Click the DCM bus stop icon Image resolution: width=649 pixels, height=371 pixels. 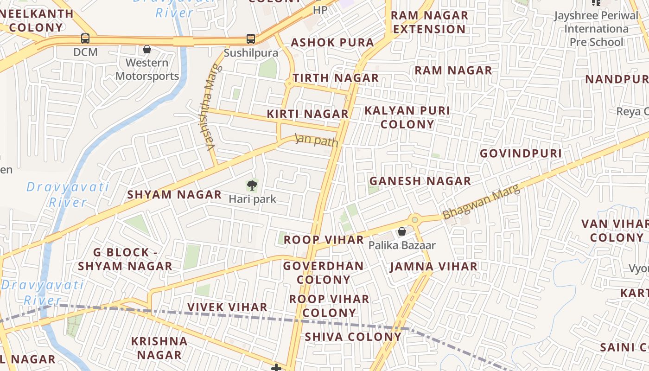click(x=85, y=38)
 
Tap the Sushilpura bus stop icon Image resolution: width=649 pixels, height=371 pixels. click(x=251, y=39)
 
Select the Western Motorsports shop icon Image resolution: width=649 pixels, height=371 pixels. click(x=147, y=49)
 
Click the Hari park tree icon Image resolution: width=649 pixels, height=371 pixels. click(x=252, y=186)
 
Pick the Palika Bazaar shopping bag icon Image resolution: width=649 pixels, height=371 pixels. click(x=402, y=231)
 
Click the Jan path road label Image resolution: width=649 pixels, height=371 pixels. click(x=317, y=141)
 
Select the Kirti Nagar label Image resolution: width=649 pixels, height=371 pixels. click(x=307, y=114)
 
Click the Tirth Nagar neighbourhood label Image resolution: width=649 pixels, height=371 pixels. click(x=335, y=78)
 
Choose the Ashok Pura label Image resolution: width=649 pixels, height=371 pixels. click(x=332, y=43)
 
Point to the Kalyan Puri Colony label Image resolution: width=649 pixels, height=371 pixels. click(x=407, y=117)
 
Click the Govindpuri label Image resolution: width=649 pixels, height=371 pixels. click(x=521, y=154)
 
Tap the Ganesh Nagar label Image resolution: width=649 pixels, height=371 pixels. click(x=420, y=181)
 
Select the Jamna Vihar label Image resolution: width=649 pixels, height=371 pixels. click(x=433, y=267)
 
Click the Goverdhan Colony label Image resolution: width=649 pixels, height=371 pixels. click(x=323, y=273)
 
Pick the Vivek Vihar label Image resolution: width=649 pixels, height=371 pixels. click(x=227, y=307)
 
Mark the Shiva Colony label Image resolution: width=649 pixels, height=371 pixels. click(x=353, y=337)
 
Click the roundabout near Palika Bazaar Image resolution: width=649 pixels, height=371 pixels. click(x=414, y=220)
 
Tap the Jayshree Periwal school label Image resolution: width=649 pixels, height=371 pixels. click(x=596, y=29)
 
